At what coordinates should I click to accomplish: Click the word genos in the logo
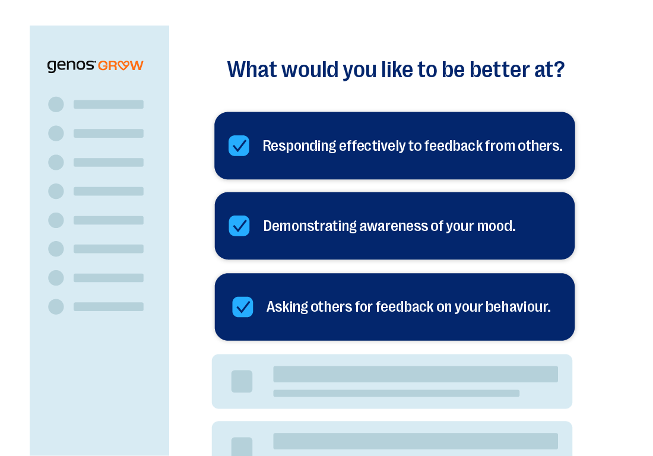pyautogui.click(x=71, y=66)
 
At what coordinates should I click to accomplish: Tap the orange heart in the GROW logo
pyautogui.click(x=123, y=65)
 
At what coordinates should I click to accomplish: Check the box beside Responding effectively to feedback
pyautogui.click(x=239, y=145)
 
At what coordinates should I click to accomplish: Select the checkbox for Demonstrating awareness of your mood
pyautogui.click(x=239, y=226)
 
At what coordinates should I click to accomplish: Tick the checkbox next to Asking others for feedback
pyautogui.click(x=242, y=307)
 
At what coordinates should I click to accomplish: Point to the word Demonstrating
pyautogui.click(x=310, y=226)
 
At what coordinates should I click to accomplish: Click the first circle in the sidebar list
pyautogui.click(x=56, y=104)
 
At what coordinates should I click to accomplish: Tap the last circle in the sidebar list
pyautogui.click(x=56, y=307)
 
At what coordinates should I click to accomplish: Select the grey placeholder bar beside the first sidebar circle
pyautogui.click(x=109, y=104)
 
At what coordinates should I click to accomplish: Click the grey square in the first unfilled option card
pyautogui.click(x=242, y=381)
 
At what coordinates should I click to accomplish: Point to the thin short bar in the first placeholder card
pyautogui.click(x=397, y=393)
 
